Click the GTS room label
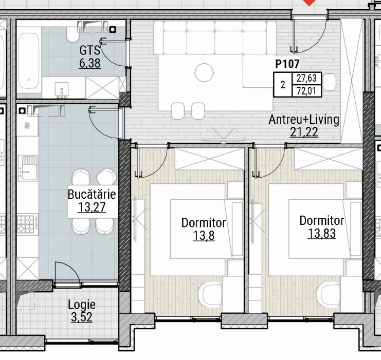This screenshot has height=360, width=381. pos(89,50)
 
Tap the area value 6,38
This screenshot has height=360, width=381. pos(89,63)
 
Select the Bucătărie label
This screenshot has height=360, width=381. pos(92,194)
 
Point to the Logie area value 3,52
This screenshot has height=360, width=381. pos(82,317)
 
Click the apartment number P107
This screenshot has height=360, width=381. pos(287,64)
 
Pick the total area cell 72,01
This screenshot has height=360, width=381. pos(306,91)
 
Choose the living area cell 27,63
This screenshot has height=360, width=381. pos(306,78)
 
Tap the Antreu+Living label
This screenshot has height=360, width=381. pos(304,120)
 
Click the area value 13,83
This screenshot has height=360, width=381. pos(322,233)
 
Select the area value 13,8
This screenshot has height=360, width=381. pos(204,236)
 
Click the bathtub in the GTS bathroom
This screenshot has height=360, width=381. pos(29,61)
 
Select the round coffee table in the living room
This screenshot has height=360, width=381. pos(204,72)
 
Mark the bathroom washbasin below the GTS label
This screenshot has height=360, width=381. pos(62,89)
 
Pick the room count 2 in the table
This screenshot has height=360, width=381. pos(283,85)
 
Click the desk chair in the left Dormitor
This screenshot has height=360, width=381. pos(210,294)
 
